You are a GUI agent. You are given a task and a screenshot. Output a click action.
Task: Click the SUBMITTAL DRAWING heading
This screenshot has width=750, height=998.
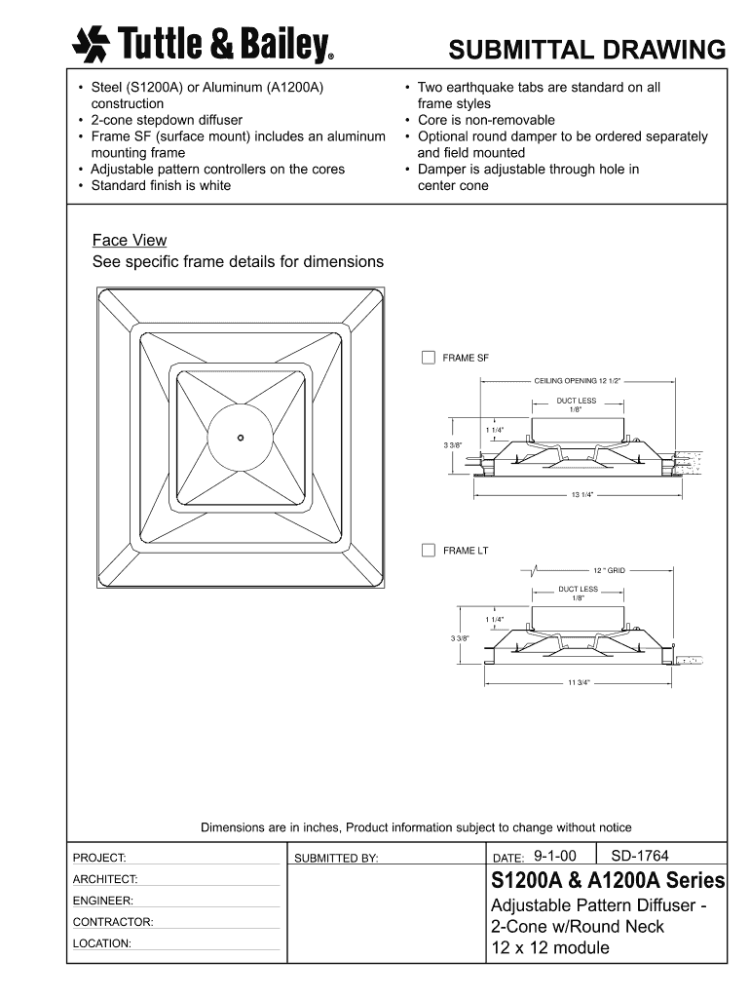click(587, 49)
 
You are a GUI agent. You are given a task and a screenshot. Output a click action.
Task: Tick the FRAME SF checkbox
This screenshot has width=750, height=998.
click(428, 358)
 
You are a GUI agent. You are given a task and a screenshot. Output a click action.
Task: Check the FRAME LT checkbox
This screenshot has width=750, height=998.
click(428, 551)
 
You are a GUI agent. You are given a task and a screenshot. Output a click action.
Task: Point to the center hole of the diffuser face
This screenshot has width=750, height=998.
click(240, 438)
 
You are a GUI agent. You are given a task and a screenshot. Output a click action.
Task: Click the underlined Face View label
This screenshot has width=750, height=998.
click(130, 241)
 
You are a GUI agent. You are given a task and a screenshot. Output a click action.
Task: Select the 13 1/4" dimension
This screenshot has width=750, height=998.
click(582, 495)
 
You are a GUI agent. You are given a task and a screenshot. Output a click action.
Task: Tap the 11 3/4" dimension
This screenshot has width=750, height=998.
click(579, 682)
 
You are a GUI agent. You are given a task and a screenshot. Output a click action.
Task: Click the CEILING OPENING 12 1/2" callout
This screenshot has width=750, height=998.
click(577, 381)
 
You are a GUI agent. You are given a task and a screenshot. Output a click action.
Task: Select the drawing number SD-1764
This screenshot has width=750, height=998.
click(640, 856)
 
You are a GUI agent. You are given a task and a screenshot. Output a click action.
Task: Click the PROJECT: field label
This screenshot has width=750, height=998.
click(99, 858)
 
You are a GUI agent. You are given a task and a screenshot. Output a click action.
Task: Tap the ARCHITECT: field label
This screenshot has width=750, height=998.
click(105, 879)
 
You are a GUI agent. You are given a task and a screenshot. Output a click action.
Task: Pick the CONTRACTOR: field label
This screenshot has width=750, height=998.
click(113, 922)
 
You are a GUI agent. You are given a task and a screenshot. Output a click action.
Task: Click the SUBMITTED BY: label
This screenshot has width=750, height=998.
click(336, 859)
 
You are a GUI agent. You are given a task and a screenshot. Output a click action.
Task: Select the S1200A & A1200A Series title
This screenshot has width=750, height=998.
click(608, 882)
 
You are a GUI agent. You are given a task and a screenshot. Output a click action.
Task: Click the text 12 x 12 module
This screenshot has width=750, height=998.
click(550, 948)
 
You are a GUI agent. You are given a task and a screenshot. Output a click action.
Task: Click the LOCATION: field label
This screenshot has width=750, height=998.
click(102, 943)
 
